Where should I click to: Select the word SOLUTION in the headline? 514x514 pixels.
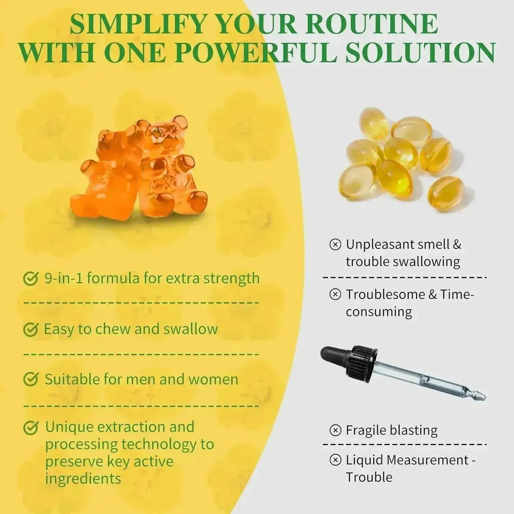[420, 53]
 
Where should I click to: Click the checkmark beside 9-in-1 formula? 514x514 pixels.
[30, 279]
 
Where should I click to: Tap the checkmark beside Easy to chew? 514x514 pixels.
[30, 329]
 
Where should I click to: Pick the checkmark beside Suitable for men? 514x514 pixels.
[30, 379]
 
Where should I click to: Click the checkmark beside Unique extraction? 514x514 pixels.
[30, 428]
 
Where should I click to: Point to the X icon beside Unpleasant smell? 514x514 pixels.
[335, 244]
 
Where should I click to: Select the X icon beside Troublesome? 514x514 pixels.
[335, 294]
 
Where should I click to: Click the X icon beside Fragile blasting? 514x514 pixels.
[335, 430]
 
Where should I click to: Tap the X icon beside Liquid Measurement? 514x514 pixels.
[335, 460]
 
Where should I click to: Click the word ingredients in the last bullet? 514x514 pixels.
[83, 478]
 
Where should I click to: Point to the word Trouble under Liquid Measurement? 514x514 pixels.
[369, 477]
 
